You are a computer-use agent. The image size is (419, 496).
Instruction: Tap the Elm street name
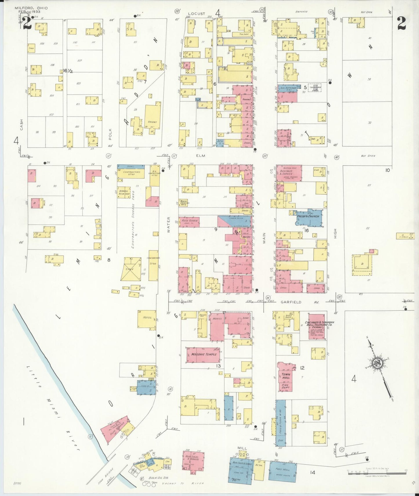pos(200,156)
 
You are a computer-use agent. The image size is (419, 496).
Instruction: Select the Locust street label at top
pos(196,14)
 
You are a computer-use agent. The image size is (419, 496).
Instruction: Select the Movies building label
pos(217,318)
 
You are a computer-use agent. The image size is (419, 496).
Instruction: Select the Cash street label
pos(21,125)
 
